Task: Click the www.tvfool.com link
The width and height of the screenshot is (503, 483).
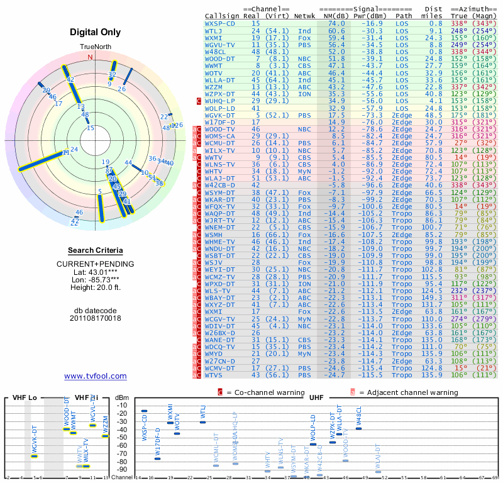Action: click(96, 376)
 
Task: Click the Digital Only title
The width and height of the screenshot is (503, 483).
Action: click(96, 32)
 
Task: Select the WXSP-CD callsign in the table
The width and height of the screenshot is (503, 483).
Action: click(220, 23)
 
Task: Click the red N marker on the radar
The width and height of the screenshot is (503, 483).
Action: click(90, 57)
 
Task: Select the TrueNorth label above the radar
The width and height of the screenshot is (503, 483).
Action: click(96, 48)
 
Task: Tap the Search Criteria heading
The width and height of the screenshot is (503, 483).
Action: click(96, 250)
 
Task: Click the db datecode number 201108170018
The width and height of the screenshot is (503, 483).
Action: click(96, 318)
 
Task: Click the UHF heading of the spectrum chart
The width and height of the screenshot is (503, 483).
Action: click(316, 398)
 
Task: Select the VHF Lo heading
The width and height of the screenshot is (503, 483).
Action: click(25, 398)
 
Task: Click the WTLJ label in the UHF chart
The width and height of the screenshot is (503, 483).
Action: click(203, 413)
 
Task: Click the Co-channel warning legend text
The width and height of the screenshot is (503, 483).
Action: click(270, 392)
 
